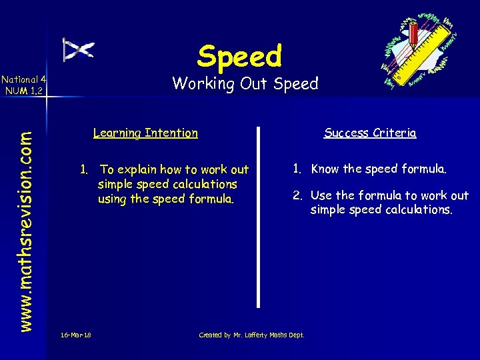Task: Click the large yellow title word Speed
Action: tap(239, 56)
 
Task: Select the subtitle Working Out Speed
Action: tap(245, 84)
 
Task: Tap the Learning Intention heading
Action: tap(145, 133)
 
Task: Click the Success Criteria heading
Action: tap(370, 133)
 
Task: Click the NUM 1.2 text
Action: tap(23, 91)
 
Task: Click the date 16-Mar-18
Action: tap(75, 335)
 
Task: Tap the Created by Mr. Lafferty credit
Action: tap(251, 335)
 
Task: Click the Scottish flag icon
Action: tap(79, 49)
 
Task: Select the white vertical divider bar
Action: tap(259, 217)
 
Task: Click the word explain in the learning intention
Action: tap(141, 170)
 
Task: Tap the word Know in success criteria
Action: tap(325, 169)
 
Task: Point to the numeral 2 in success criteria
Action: tap(295, 195)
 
